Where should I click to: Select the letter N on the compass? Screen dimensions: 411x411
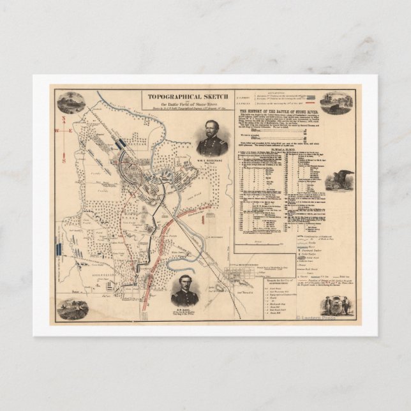(63, 120)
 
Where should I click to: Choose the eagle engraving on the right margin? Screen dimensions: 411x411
(336, 181)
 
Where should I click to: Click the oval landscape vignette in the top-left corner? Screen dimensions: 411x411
(71, 102)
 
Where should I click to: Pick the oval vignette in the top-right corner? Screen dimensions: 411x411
(336, 103)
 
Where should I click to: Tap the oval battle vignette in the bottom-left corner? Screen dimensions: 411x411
(72, 308)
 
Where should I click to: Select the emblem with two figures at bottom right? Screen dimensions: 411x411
(337, 305)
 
